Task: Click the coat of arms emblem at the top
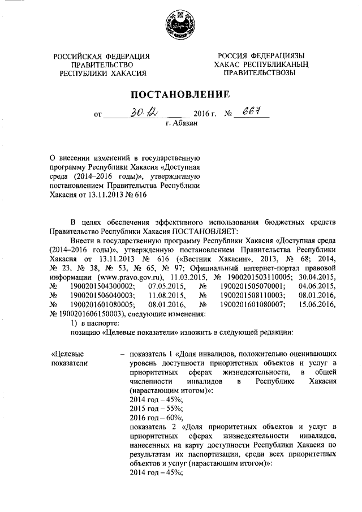pyautogui.click(x=181, y=25)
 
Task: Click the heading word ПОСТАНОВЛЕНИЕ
pyautogui.click(x=180, y=93)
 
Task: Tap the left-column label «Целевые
pyautogui.click(x=70, y=353)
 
